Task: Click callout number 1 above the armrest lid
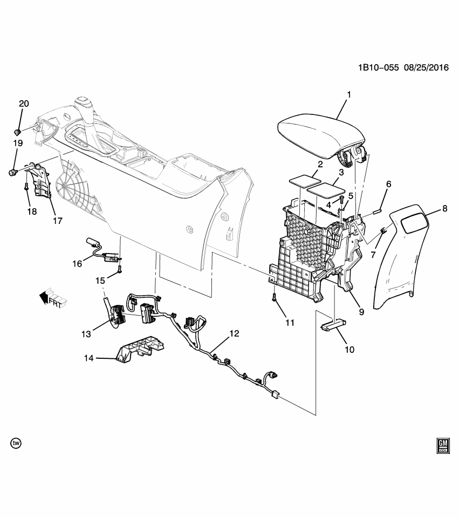(x=348, y=94)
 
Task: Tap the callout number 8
(x=445, y=208)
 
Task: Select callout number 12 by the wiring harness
(x=234, y=333)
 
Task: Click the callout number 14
(x=88, y=358)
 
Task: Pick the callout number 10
(x=350, y=349)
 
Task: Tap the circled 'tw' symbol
(x=16, y=443)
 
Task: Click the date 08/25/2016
(x=426, y=69)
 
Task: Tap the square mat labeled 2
(x=304, y=179)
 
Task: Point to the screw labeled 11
(x=275, y=297)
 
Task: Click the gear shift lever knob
(x=83, y=103)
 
